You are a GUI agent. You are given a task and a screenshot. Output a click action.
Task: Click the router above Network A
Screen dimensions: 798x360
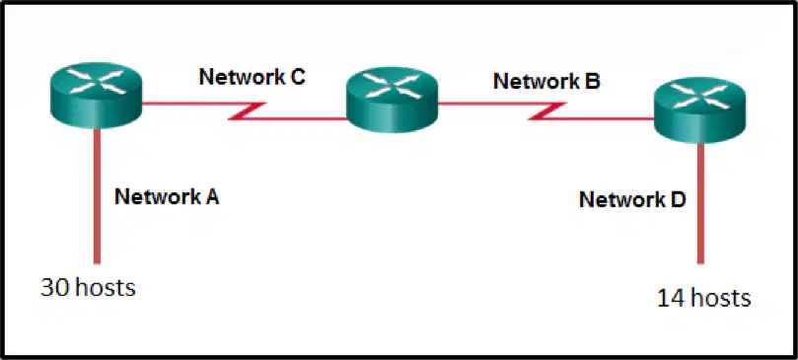point(96,96)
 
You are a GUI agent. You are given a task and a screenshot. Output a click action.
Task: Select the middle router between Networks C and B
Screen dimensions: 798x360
point(392,100)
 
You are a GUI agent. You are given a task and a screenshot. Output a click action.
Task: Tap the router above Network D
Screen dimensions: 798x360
point(699,110)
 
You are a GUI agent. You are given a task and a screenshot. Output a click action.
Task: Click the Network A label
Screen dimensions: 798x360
point(167,196)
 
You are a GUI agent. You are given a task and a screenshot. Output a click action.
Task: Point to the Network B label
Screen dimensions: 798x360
point(546,82)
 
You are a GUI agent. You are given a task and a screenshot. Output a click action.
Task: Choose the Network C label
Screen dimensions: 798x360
point(252,77)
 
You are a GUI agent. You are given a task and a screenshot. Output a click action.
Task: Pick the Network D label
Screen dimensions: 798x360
point(632,199)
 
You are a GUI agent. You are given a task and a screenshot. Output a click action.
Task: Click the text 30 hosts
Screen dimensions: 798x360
point(88,288)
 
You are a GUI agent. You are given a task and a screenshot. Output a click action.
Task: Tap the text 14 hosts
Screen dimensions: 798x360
point(704,298)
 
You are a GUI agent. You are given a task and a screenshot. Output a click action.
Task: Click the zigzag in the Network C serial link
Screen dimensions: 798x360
point(247,111)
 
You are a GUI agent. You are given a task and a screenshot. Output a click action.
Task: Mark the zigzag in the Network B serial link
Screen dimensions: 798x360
point(547,111)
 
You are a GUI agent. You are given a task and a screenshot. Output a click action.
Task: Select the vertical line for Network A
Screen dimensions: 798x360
point(97,196)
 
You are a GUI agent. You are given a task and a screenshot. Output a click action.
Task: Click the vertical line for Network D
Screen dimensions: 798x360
point(700,204)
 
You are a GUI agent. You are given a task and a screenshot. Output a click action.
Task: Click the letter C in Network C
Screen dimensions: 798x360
point(297,77)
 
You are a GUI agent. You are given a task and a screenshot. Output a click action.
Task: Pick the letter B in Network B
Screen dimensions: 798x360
point(593,82)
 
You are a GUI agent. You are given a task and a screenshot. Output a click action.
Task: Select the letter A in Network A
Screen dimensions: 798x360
point(211,196)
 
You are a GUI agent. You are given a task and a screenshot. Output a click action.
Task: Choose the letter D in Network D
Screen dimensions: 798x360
point(678,199)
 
